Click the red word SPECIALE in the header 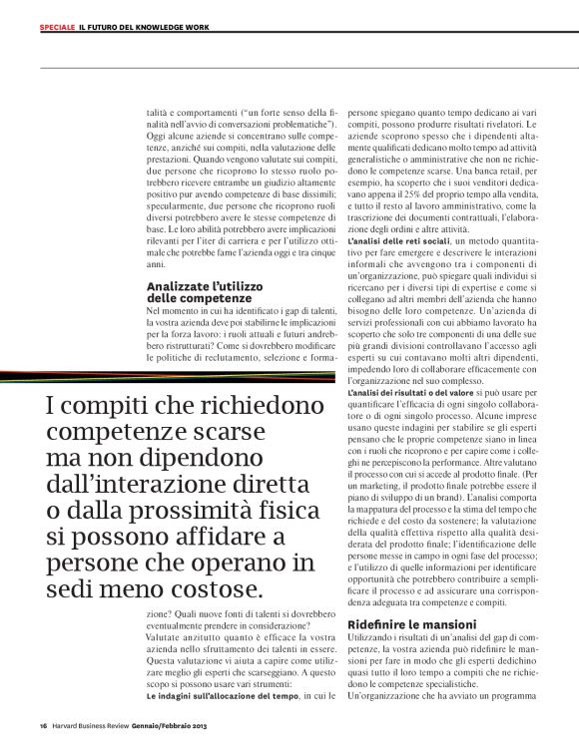click(57, 27)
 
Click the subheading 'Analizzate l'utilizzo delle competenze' click(200, 292)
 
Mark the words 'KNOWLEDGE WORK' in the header click(176, 27)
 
